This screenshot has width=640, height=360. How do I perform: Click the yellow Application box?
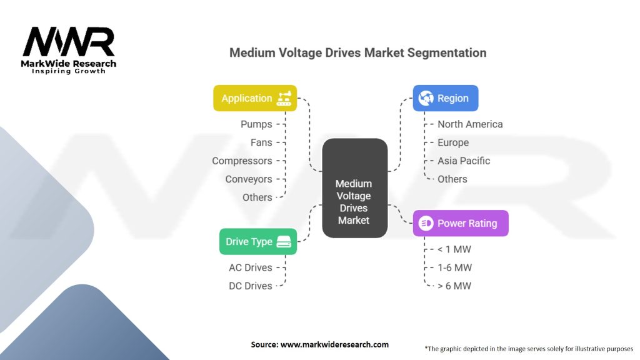(255, 98)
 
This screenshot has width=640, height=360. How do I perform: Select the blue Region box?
(445, 98)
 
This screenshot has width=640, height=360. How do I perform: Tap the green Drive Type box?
(257, 241)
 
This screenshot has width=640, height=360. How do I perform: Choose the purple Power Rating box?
(460, 223)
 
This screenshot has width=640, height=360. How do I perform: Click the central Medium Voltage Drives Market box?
(354, 188)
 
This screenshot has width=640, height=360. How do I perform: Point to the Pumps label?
(256, 124)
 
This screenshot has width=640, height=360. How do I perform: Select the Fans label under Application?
(261, 142)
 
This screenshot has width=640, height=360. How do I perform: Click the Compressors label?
(242, 161)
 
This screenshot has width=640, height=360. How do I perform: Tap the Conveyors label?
(249, 179)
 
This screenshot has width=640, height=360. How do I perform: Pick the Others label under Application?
(257, 197)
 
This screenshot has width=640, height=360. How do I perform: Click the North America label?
(470, 124)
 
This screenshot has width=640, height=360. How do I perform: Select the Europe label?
(453, 142)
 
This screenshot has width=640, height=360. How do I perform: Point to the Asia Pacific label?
(464, 161)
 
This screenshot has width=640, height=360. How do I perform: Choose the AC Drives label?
(251, 267)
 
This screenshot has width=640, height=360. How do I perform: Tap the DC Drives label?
(251, 286)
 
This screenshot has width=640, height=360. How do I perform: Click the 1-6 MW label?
(454, 267)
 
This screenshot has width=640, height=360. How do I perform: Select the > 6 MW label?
(454, 286)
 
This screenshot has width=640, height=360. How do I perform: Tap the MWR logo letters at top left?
(69, 43)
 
